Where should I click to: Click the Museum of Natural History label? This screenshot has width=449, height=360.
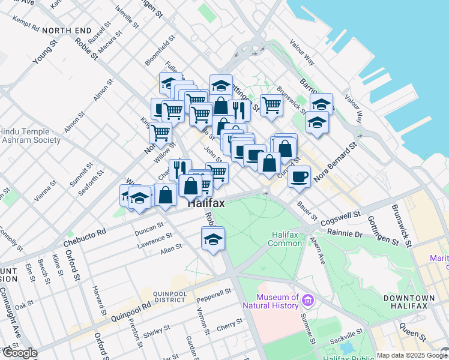point(278,301)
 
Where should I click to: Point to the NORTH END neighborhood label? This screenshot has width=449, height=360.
point(67,30)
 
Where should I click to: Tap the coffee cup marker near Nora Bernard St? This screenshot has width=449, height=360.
point(299,176)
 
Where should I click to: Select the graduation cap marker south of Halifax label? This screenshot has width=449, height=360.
point(213,238)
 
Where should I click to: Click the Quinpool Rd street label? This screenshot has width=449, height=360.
point(122,307)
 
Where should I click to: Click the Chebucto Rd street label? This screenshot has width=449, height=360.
point(84,238)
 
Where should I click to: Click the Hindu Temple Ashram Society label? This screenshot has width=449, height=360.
point(30,136)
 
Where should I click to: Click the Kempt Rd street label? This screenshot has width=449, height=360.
point(25,24)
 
